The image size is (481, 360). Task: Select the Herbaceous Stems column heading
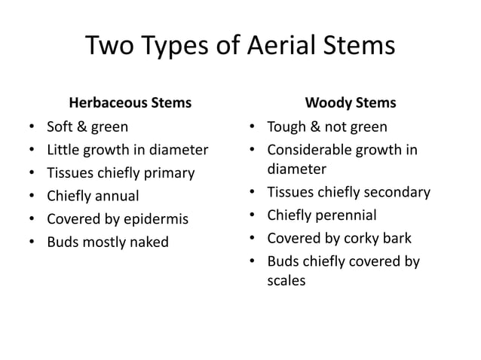[x=130, y=102]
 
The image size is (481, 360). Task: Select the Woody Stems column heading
[x=351, y=102]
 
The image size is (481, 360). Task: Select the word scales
[x=287, y=281]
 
